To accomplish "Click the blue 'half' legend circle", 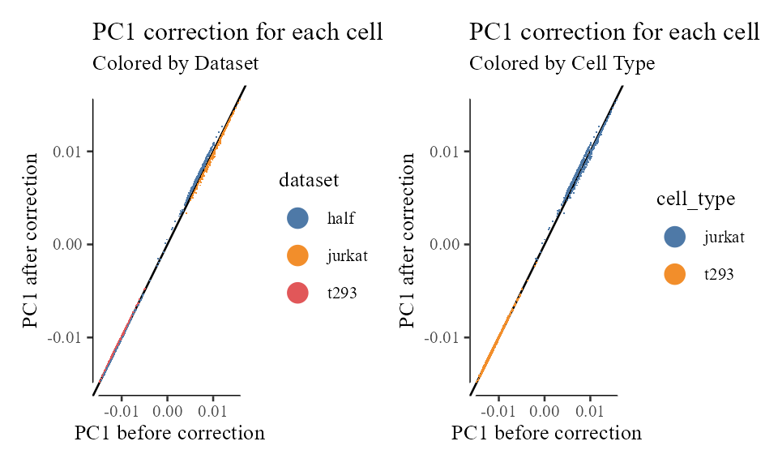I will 297,218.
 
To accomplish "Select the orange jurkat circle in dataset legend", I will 297,255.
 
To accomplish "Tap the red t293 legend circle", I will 297,293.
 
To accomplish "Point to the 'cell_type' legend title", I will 695,199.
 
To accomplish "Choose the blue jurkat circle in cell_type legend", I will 674,237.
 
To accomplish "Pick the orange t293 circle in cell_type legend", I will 674,274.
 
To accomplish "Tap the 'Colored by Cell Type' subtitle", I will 562,63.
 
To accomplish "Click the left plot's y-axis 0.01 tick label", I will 70,152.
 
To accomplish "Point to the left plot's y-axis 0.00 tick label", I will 70,244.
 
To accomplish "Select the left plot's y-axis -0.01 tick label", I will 68,336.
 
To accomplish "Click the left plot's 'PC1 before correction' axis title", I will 169,433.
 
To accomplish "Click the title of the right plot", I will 613,32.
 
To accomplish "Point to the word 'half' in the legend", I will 341,218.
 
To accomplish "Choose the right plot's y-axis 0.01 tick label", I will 447,152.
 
